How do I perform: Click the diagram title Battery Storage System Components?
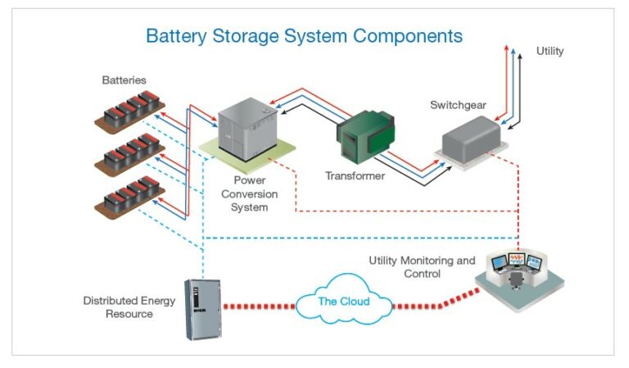point(304,36)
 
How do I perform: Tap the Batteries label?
point(124,80)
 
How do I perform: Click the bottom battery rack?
point(131,197)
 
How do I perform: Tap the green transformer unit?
point(366,134)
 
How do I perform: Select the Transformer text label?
point(355,176)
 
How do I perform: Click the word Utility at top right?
point(550,52)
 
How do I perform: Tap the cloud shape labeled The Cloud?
point(343,302)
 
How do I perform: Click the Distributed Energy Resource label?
point(129,307)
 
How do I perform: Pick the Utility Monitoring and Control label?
point(422,267)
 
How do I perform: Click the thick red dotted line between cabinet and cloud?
point(258,307)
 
